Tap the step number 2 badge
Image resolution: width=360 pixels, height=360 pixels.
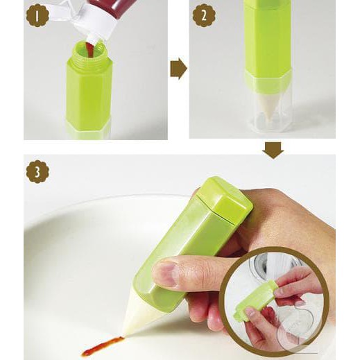[203, 15]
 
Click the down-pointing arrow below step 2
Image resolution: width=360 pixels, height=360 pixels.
[273, 149]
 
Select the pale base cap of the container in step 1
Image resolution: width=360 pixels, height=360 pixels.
[88, 129]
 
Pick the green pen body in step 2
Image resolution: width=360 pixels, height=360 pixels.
[267, 38]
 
